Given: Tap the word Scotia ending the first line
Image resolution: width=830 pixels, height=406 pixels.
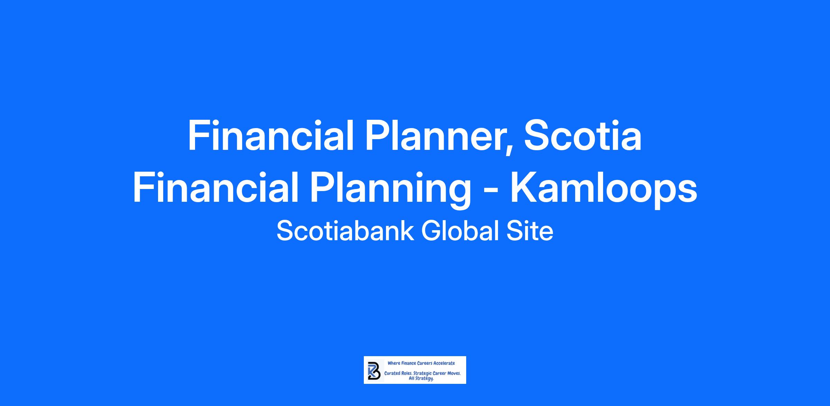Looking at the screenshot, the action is click(583, 136).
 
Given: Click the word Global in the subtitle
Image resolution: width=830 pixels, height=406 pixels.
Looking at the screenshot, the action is click(460, 231).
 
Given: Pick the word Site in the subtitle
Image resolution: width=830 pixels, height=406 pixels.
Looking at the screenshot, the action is click(530, 231).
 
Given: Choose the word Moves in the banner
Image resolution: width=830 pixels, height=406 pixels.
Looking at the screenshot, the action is click(454, 374).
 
